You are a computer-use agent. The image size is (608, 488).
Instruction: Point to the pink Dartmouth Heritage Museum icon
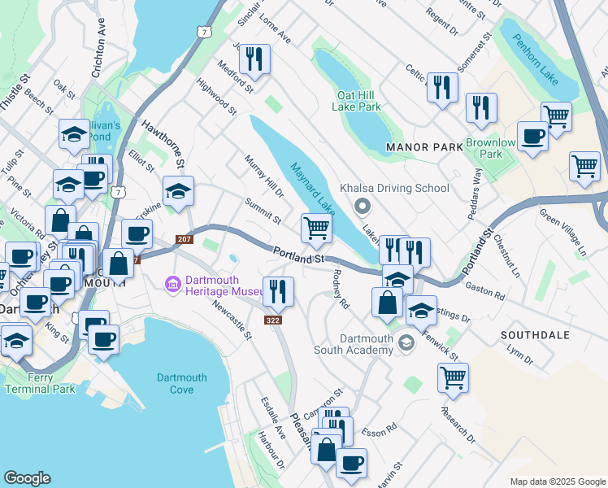[172, 284]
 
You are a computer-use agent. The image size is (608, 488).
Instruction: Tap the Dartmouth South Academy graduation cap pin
[405, 345]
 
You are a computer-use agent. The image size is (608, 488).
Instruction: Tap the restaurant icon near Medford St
[254, 59]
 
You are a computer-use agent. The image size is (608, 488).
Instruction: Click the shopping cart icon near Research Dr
[452, 377]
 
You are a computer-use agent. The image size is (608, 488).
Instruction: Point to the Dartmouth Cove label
[182, 384]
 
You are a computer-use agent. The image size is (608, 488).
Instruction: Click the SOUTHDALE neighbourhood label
[534, 335]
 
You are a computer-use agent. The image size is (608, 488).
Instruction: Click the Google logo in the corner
[27, 478]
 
